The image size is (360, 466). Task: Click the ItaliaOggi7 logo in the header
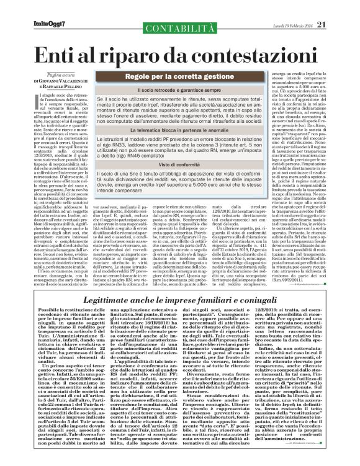click(x=32, y=7)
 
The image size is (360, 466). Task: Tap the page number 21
click(x=338, y=7)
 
